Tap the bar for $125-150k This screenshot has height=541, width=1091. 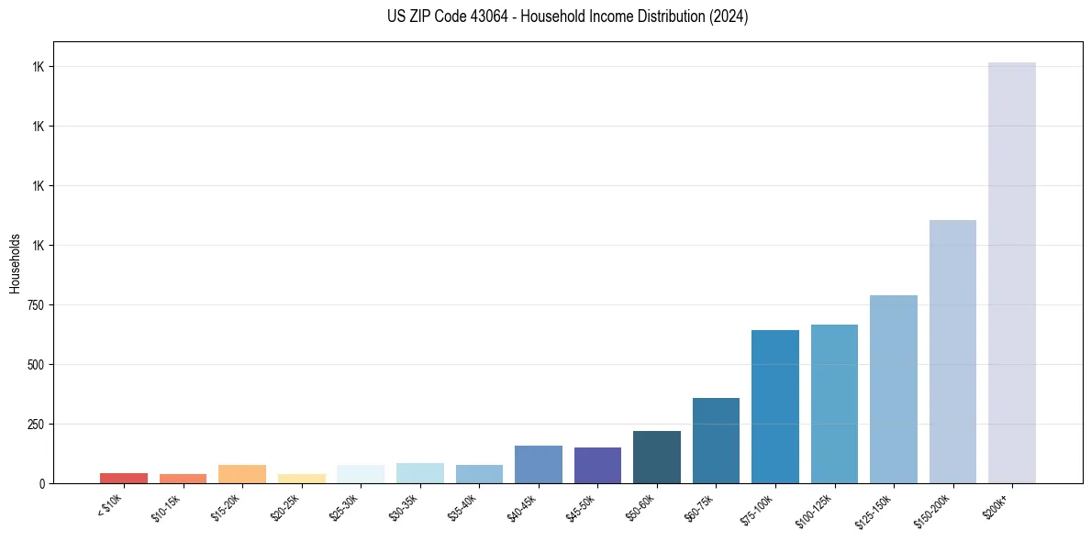(x=893, y=389)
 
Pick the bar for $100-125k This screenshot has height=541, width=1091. (x=834, y=403)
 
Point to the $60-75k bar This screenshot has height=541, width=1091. (x=716, y=440)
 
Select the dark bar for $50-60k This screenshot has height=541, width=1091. (x=656, y=457)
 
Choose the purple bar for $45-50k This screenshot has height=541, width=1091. (x=597, y=465)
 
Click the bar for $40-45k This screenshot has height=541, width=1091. (x=538, y=464)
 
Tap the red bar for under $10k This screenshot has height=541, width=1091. (x=124, y=478)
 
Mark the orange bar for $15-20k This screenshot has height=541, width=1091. (x=242, y=473)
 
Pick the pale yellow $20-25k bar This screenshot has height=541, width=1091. (x=301, y=478)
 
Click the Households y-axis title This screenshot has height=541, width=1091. (x=15, y=262)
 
